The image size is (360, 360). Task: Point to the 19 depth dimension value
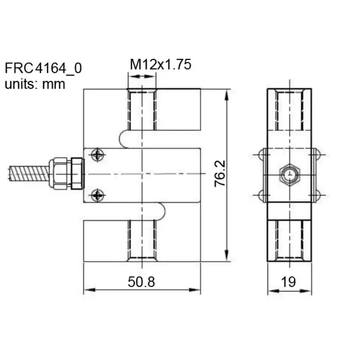[288, 282]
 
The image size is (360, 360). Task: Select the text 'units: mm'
[35, 84]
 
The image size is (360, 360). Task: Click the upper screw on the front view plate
[97, 155]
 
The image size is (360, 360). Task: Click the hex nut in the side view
[288, 174]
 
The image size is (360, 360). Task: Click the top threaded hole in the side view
[289, 110]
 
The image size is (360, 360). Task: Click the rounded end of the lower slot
[161, 211]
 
